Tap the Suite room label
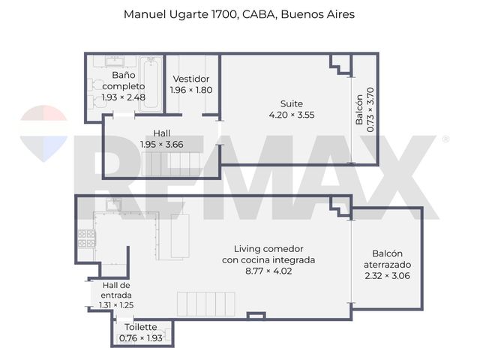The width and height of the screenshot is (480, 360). click(x=292, y=103)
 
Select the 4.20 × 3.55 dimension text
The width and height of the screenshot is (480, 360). click(x=292, y=115)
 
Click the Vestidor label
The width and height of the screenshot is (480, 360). click(x=191, y=79)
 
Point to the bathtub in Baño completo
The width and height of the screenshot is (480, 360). click(x=151, y=84)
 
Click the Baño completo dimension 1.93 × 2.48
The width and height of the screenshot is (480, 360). click(x=123, y=97)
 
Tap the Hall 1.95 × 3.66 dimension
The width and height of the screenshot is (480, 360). click(x=162, y=145)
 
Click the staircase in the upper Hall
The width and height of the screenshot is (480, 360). click(x=171, y=164)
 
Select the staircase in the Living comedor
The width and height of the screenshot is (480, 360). click(x=206, y=304)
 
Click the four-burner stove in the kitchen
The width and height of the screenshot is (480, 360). click(x=87, y=238)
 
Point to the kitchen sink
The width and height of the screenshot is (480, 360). click(x=113, y=204)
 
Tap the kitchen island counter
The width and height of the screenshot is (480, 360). click(x=180, y=236)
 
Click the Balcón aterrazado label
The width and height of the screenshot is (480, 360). click(x=387, y=259)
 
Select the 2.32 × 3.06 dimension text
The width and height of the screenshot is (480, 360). click(x=387, y=276)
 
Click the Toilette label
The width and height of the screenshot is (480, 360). click(x=141, y=327)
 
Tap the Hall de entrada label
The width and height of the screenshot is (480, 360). click(x=116, y=290)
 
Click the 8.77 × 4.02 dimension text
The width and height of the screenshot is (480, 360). click(x=268, y=271)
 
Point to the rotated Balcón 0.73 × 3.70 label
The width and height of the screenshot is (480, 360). click(x=364, y=109)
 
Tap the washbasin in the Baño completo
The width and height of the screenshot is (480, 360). click(x=115, y=61)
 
